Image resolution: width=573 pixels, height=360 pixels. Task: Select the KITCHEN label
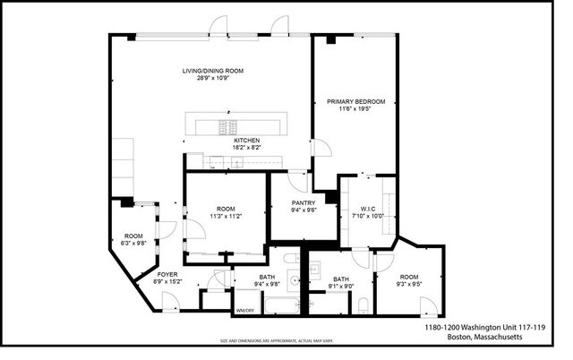[246, 141]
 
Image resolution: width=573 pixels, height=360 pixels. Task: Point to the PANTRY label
[304, 203]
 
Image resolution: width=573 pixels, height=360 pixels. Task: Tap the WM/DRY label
[244, 311]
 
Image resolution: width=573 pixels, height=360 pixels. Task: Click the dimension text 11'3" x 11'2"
[225, 216]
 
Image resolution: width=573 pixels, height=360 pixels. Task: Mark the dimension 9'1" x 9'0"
[340, 287]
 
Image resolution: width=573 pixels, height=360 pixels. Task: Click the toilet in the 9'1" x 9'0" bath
[363, 305]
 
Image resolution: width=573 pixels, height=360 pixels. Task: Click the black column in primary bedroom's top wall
[330, 39]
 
